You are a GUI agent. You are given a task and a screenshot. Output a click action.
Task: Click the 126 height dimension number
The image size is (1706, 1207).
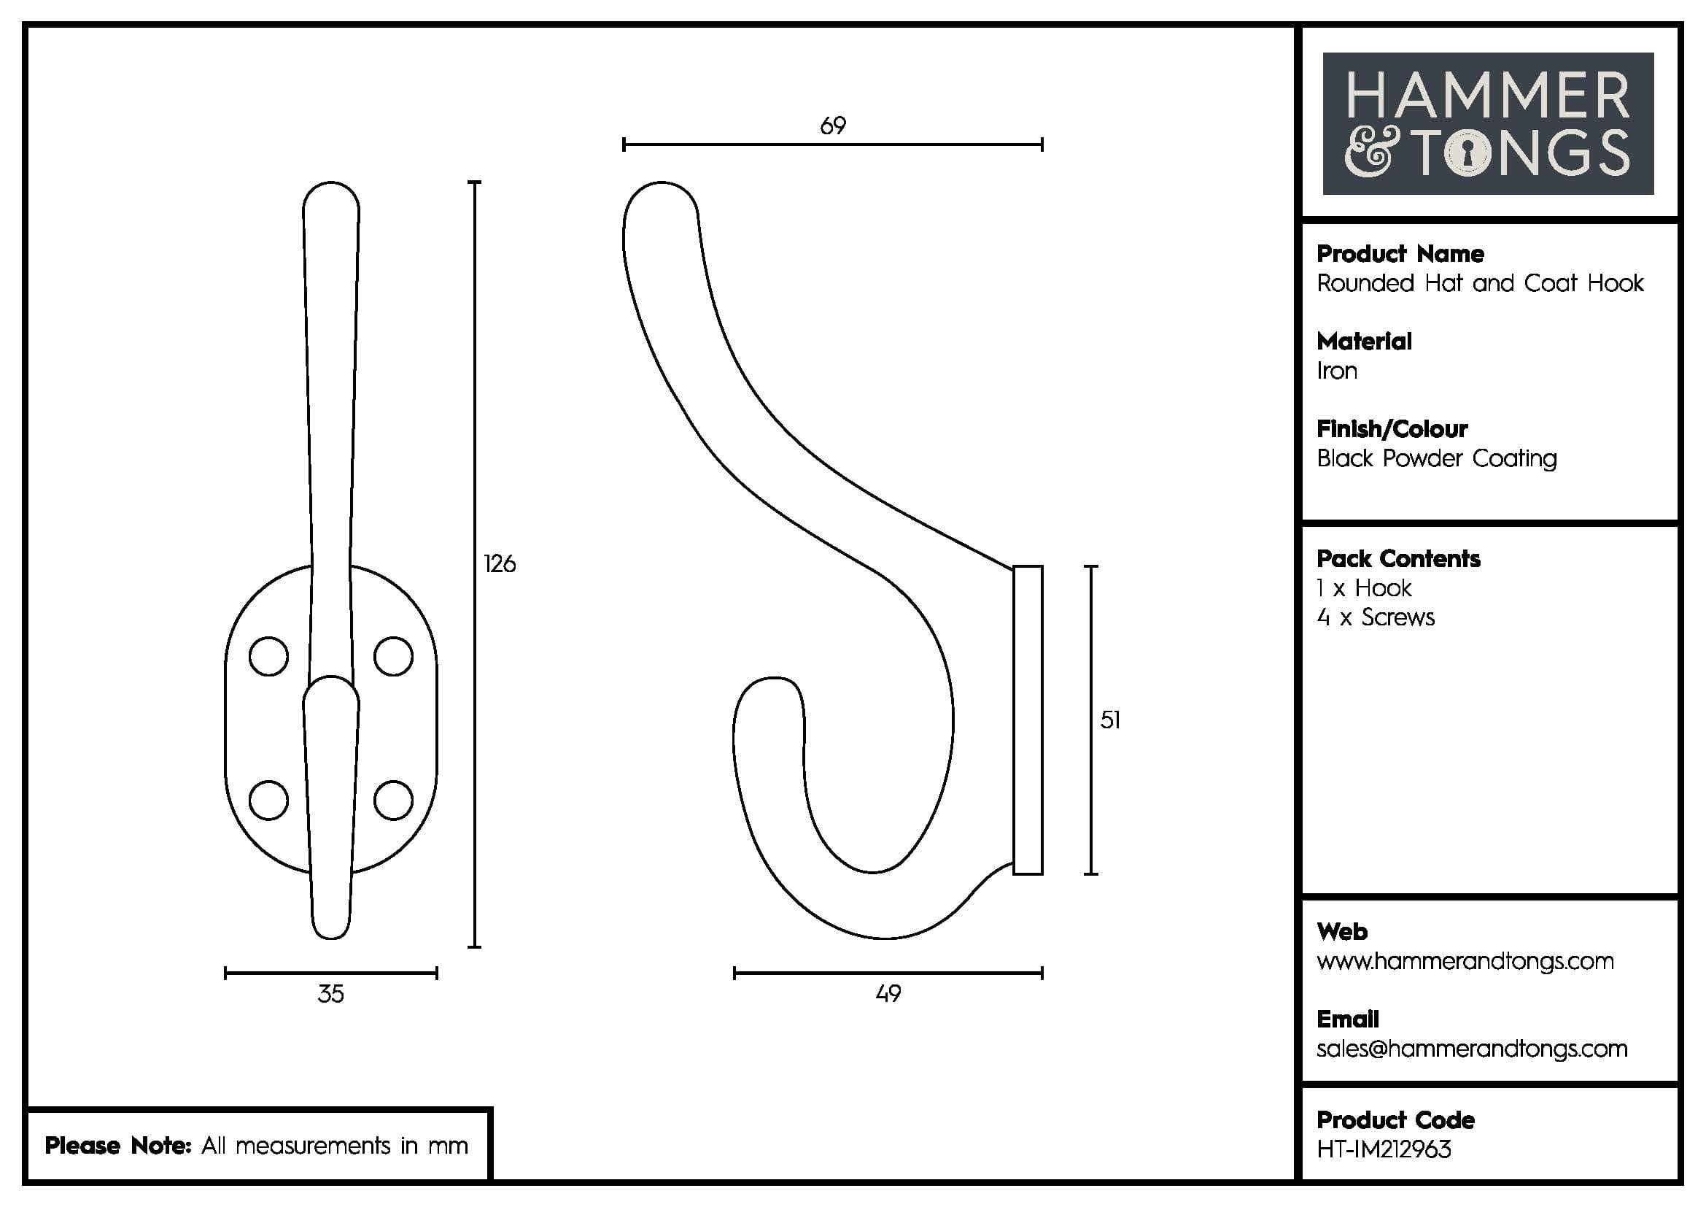(500, 564)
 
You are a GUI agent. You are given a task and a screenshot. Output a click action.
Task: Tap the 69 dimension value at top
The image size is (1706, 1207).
(833, 126)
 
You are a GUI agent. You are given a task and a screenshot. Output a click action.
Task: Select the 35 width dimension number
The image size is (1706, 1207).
(330, 995)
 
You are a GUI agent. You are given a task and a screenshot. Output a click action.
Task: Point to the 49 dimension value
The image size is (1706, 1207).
(888, 995)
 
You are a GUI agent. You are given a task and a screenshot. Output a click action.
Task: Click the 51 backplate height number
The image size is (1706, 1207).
(1110, 720)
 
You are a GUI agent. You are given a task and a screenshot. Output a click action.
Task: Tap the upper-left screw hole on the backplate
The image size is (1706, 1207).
(268, 656)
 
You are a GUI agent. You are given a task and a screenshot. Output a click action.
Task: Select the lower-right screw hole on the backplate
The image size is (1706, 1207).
(393, 801)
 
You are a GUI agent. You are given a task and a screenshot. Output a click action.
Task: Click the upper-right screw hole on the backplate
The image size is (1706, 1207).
(393, 656)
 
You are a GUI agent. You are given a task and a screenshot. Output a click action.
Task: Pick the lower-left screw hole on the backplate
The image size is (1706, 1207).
(268, 801)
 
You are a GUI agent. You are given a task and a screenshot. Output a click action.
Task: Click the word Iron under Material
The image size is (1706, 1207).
(1337, 371)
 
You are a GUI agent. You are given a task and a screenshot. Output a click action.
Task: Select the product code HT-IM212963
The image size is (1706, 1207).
(1384, 1150)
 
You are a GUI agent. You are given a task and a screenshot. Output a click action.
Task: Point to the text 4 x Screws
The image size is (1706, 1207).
(1376, 617)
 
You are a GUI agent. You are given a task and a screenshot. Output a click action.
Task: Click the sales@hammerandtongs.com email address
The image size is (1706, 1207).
(1472, 1049)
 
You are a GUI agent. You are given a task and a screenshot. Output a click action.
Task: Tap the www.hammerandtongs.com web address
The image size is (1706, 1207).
(1465, 961)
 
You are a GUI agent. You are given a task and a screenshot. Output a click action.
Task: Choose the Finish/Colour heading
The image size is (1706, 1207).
(1392, 429)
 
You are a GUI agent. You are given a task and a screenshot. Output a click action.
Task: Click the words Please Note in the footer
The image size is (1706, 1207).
(118, 1145)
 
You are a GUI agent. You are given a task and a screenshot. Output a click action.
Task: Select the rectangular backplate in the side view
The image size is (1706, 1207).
(1028, 720)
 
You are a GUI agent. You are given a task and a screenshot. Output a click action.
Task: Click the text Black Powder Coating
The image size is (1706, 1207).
(1436, 458)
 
